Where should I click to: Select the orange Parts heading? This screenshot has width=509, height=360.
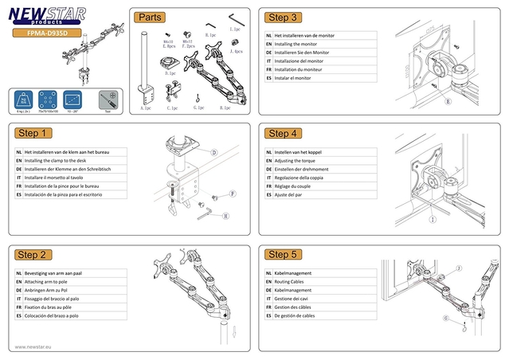pos(151,17)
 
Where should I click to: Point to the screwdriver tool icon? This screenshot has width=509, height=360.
pos(107,100)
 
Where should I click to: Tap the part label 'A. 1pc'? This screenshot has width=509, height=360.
pos(146,107)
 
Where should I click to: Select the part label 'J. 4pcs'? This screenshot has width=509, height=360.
pos(237,51)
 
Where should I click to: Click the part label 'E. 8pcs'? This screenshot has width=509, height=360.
pos(169,46)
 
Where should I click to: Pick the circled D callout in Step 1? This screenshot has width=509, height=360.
pos(214,151)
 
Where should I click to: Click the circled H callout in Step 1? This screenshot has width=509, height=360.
pos(225,215)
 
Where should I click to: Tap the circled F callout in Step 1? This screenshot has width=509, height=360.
pos(233,194)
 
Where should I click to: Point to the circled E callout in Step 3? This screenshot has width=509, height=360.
pos(448,102)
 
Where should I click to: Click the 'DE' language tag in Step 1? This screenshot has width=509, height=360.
pos(18,169)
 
